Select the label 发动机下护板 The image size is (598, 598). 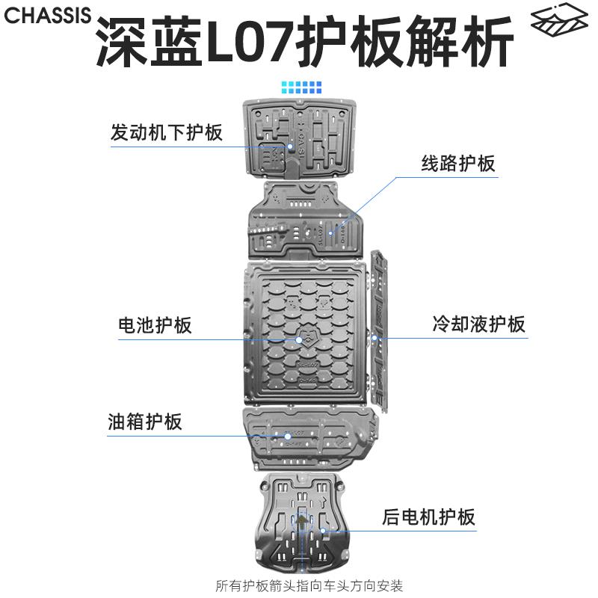point(166,133)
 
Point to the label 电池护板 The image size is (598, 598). point(155,325)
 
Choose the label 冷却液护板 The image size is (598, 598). point(478,324)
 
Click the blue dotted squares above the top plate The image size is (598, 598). point(300,87)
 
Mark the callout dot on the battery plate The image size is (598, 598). point(299,340)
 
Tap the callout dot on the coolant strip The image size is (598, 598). point(375,338)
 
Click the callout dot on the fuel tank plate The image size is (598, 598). point(286,435)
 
